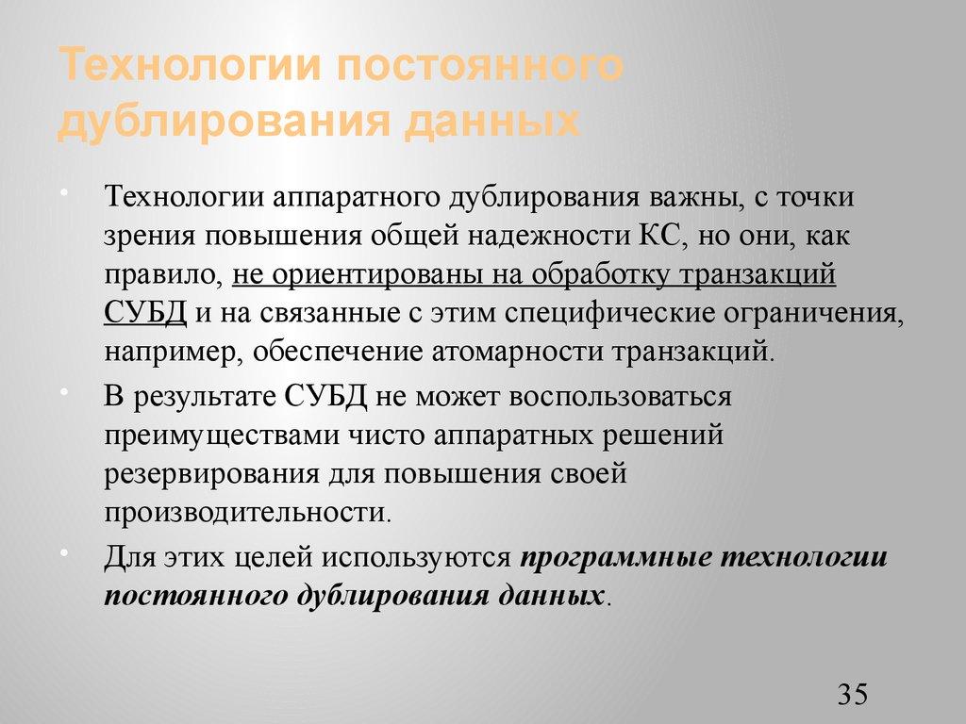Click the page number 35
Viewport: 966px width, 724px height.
click(851, 695)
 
